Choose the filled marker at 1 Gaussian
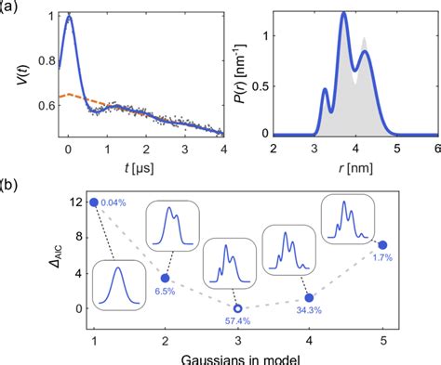pyautogui.click(x=94, y=202)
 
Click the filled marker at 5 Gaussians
pyautogui.click(x=382, y=245)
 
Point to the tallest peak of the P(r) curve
pyautogui.click(x=343, y=14)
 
